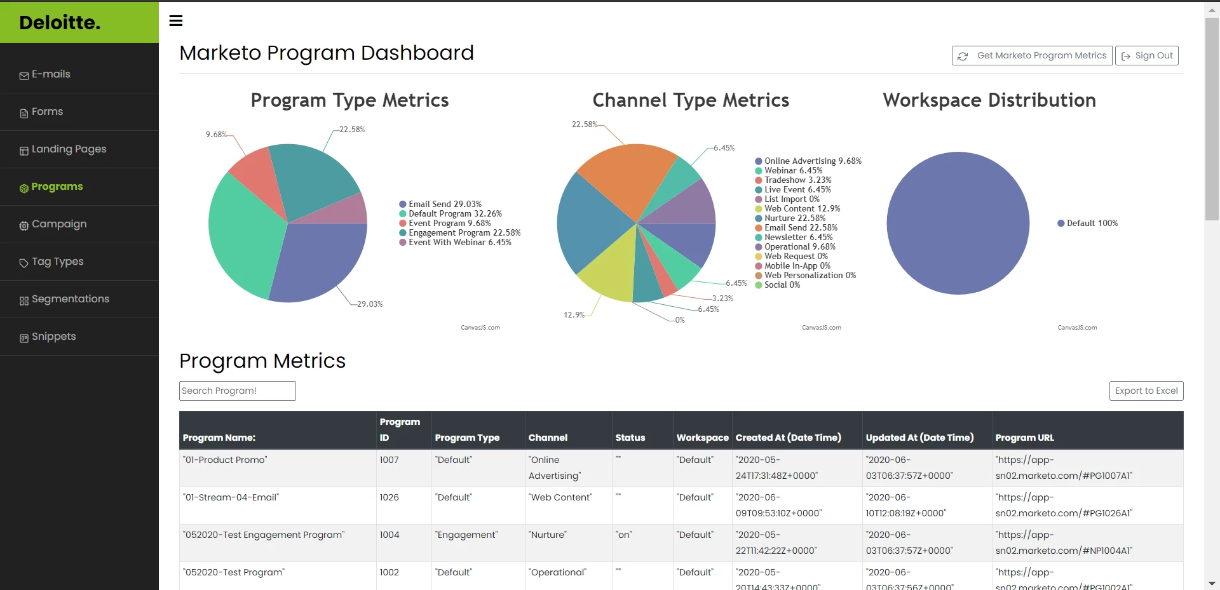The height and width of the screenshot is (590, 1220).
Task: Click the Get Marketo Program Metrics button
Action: pos(1032,56)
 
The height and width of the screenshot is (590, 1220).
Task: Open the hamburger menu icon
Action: pos(176,21)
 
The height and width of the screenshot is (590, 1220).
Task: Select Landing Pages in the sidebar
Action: pos(69,149)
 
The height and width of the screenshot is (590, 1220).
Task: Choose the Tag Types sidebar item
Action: pos(57,262)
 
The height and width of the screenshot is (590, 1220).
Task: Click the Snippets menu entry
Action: pos(53,337)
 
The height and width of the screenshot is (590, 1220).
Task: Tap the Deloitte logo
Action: pos(60,23)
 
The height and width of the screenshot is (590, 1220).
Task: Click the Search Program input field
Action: pos(237,391)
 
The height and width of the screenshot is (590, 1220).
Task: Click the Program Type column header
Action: pos(467,438)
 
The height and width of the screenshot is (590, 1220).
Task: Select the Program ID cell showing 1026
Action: pos(389,497)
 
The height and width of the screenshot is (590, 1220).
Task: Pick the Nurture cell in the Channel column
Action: pos(547,535)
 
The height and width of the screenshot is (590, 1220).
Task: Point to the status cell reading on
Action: pos(624,535)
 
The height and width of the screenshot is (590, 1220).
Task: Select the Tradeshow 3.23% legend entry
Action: pos(797,180)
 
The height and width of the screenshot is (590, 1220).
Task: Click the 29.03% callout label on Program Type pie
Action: pos(369,304)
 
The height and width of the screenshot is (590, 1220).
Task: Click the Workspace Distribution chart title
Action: pos(989,100)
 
